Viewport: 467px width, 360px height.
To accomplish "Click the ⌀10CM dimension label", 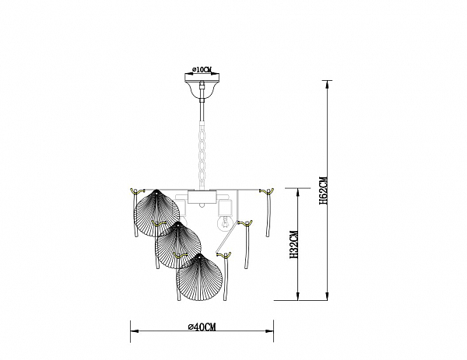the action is [202, 70].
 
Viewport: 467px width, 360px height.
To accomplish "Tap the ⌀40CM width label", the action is [202, 327].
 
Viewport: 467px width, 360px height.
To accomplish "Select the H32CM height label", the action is [294, 245].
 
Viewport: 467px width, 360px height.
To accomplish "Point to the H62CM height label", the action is [324, 190].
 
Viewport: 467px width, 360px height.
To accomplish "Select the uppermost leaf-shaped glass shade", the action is [156, 213].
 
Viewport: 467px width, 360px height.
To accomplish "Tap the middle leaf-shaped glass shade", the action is [178, 245].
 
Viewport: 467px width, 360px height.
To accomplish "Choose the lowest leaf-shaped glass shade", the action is [199, 277].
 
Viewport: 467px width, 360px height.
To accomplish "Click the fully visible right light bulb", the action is [226, 223].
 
